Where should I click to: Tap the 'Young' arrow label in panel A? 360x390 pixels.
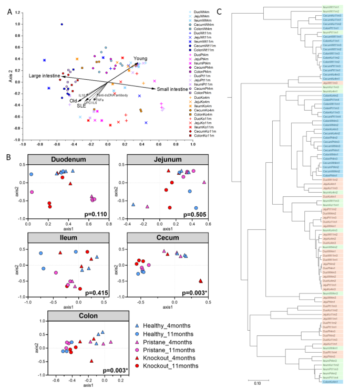140,58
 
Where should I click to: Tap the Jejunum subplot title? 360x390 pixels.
167,159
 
